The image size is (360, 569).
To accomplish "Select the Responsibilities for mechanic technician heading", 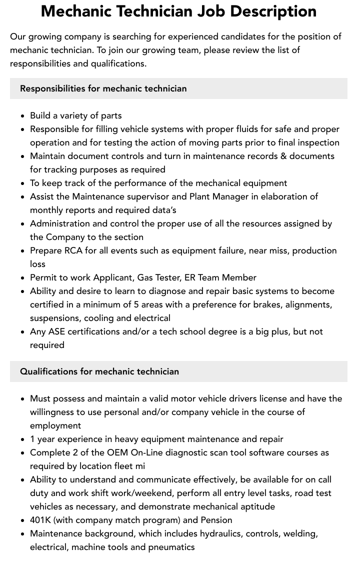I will [x=103, y=88].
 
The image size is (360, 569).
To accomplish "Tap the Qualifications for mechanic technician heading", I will [x=99, y=371].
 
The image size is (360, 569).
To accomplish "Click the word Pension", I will [x=216, y=520].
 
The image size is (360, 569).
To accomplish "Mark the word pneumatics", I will [x=171, y=547].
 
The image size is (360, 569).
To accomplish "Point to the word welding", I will [x=300, y=533].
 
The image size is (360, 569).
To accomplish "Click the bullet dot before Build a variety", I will [x=23, y=116].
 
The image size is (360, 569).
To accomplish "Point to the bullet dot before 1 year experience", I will [x=23, y=439].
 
